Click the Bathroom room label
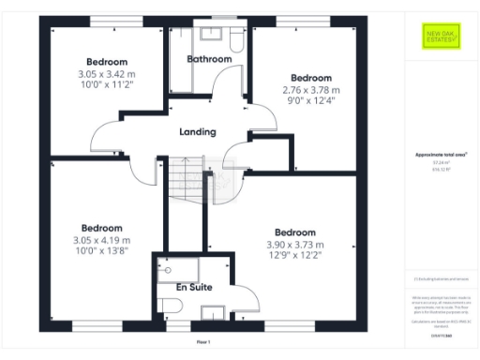pos(209,59)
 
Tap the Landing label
pos(197,132)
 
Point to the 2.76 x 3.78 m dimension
pos(309,90)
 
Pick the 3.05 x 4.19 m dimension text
pos(101,241)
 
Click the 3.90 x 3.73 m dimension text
pos(294,244)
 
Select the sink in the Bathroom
pos(209,37)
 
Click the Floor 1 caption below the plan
pos(202,343)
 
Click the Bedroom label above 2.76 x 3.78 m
pos(309,78)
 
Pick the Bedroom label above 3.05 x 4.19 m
pos(101,228)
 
